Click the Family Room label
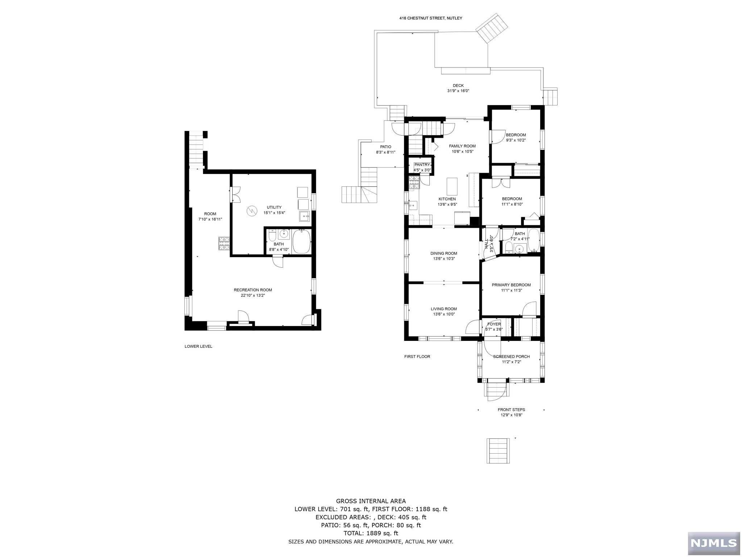click(462, 146)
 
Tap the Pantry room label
click(422, 165)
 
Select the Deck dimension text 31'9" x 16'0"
click(458, 91)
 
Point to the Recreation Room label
click(253, 290)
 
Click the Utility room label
click(274, 207)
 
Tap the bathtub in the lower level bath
click(301, 242)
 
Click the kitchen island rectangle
click(451, 186)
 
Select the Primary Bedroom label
click(511, 285)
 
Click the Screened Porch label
click(511, 356)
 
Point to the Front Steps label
click(511, 410)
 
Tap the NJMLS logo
click(714, 543)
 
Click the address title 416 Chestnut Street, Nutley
click(431, 18)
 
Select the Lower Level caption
click(199, 346)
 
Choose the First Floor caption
click(417, 356)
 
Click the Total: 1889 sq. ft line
click(371, 533)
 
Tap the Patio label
click(385, 147)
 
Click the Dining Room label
click(444, 253)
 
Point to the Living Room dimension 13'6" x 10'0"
click(444, 314)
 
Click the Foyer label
click(494, 324)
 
